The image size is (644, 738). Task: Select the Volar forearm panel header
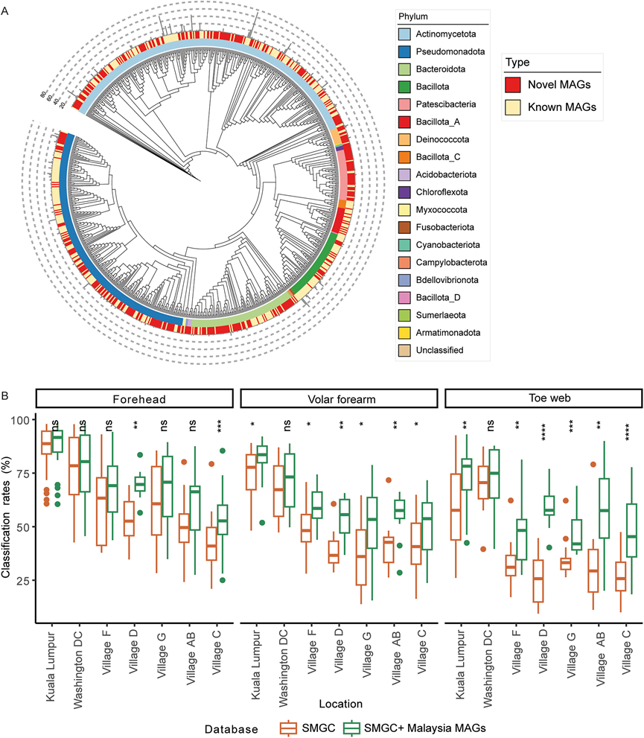point(339,398)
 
